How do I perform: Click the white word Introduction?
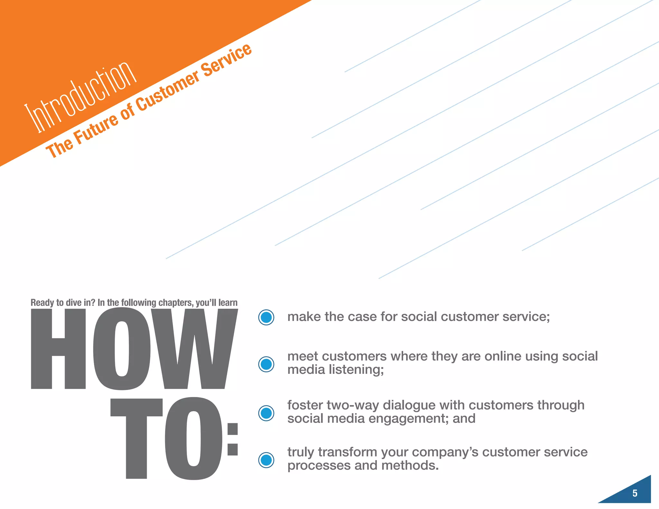(x=80, y=97)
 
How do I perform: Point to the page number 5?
(x=635, y=493)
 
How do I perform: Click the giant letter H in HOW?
(x=58, y=349)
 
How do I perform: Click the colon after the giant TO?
(x=232, y=440)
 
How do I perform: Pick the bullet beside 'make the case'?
(x=266, y=318)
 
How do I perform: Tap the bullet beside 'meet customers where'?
(x=266, y=364)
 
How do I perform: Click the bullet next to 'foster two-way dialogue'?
(x=266, y=413)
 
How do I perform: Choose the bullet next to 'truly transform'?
(x=266, y=460)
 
